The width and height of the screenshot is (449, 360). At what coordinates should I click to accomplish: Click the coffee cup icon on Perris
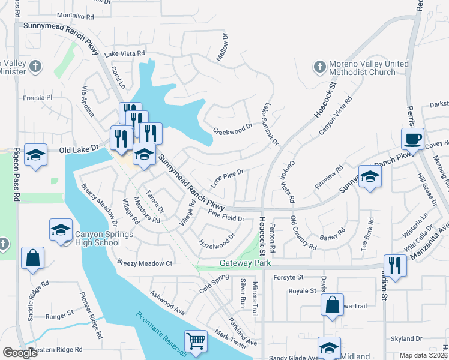(412, 139)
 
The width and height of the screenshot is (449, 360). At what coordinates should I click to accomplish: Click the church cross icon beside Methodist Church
(318, 65)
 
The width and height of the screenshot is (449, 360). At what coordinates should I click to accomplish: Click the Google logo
(20, 353)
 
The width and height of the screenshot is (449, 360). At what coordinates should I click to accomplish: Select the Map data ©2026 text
(423, 355)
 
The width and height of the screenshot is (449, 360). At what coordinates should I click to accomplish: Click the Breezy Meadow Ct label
(145, 263)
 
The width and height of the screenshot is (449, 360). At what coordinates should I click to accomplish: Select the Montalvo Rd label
(76, 16)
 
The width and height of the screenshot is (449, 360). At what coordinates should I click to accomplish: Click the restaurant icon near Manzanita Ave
(395, 265)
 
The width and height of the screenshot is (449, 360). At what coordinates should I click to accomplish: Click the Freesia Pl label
(38, 97)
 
